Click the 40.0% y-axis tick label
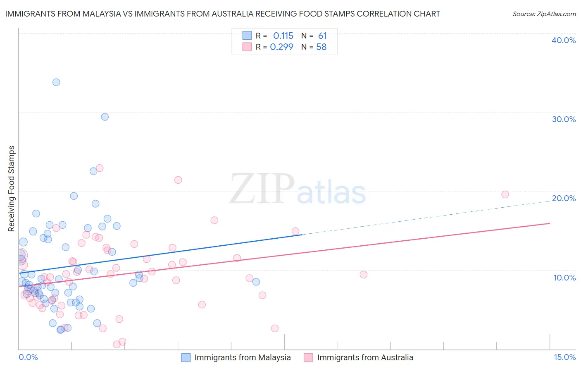pyautogui.click(x=564, y=40)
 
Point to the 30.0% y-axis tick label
pyautogui.click(x=564, y=119)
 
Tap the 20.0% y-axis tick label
pyautogui.click(x=564, y=198)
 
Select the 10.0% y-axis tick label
pyautogui.click(x=564, y=278)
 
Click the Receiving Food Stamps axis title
pyautogui.click(x=12, y=189)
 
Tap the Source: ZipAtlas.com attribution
pyautogui.click(x=544, y=14)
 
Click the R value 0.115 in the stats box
pyautogui.click(x=283, y=36)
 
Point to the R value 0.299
pyautogui.click(x=281, y=47)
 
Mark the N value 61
pyautogui.click(x=322, y=36)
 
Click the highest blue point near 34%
pyautogui.click(x=56, y=82)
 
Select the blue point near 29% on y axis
pyautogui.click(x=105, y=117)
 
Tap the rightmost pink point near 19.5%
pyautogui.click(x=505, y=194)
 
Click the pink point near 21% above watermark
pyautogui.click(x=178, y=180)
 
